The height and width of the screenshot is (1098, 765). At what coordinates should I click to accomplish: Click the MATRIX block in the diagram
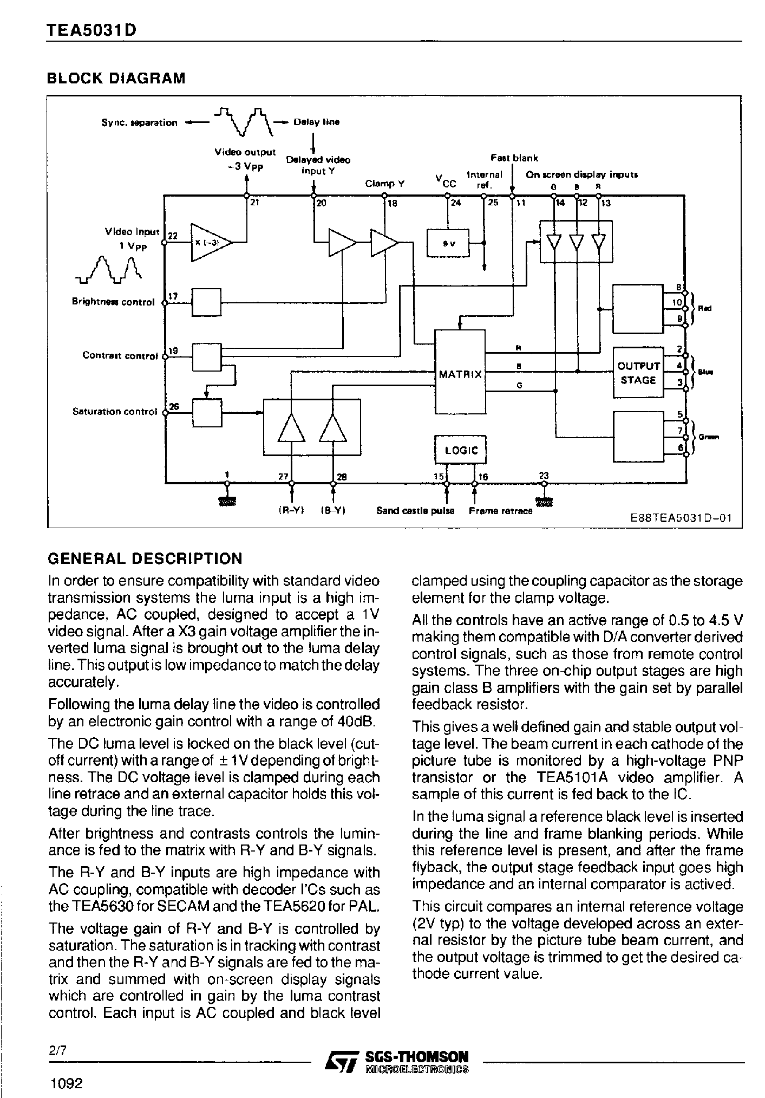click(460, 374)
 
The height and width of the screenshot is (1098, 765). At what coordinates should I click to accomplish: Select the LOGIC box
click(461, 450)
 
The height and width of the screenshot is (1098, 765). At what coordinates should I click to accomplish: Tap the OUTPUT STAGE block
click(638, 373)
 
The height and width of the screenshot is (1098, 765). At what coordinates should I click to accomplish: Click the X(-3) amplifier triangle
click(209, 242)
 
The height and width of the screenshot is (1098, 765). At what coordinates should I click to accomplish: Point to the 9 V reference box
click(448, 243)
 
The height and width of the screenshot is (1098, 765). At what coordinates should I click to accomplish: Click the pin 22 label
click(173, 236)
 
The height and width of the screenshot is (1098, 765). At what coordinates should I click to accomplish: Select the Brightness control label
click(113, 302)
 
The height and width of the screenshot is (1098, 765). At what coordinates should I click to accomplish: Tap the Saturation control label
click(115, 412)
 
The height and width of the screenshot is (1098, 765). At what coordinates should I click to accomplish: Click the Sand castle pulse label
click(415, 511)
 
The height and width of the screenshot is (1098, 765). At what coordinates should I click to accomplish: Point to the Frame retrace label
click(500, 511)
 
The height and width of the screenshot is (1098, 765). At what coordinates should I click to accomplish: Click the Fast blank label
click(514, 158)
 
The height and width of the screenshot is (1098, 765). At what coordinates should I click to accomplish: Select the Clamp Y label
click(384, 184)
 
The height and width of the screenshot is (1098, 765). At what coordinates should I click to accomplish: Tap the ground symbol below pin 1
click(227, 502)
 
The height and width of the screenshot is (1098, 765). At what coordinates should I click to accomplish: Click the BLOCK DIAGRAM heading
click(116, 79)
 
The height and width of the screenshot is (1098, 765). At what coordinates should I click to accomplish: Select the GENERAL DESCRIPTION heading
click(145, 558)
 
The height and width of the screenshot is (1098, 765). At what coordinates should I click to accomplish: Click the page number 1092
click(66, 1084)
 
